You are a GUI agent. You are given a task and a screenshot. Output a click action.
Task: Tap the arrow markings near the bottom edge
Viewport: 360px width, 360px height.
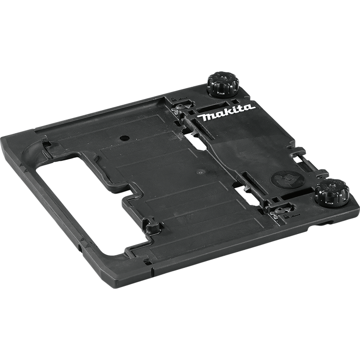[84, 239]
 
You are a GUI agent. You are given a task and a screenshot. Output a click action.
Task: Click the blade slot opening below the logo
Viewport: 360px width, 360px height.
[198, 142]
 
